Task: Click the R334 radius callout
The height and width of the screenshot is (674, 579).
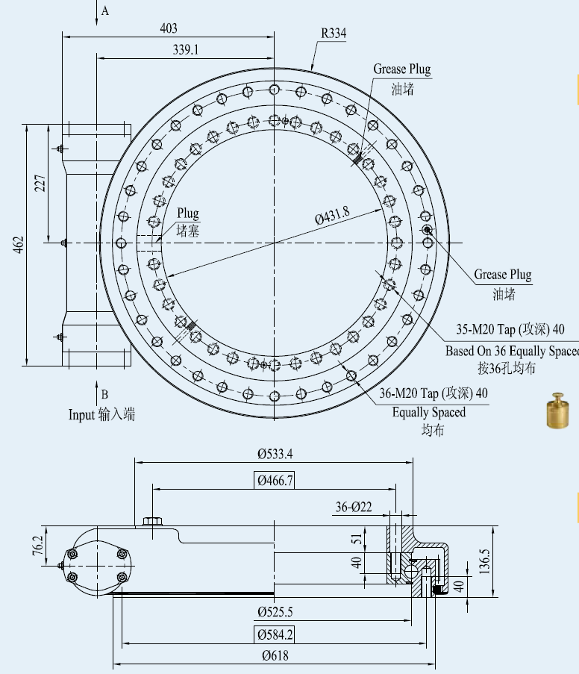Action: (334, 34)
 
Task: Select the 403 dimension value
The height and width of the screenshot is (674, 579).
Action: (169, 28)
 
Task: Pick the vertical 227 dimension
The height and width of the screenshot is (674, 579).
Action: (40, 183)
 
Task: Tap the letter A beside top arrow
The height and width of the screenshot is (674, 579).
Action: (105, 11)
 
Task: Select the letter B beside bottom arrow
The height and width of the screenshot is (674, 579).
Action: (105, 394)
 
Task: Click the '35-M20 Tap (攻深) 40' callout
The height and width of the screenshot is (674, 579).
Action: (510, 329)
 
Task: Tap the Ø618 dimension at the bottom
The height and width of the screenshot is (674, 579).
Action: (275, 656)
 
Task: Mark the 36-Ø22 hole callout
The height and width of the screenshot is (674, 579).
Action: (354, 507)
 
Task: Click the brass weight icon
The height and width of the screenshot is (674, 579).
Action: (556, 410)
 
